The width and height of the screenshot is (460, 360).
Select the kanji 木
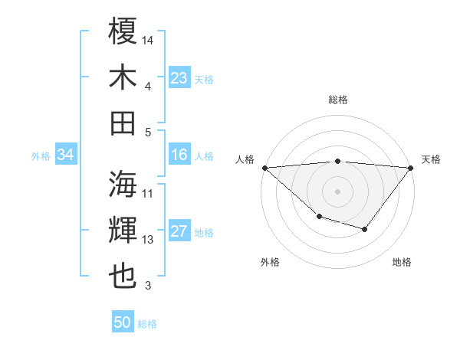123,77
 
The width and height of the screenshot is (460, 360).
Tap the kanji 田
123,123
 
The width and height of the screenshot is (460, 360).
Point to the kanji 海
123,184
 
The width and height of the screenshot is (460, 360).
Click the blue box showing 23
179,77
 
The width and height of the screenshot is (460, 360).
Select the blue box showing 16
179,155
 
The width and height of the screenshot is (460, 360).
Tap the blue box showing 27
179,232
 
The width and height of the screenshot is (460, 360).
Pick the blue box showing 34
65,155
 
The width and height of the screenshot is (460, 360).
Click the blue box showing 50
123,322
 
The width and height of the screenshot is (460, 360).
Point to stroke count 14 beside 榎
148,40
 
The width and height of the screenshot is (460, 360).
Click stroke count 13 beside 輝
148,240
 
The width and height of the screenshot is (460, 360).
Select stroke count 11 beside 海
148,193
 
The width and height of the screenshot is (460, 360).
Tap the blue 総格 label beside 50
147,324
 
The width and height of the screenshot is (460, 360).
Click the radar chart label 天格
431,159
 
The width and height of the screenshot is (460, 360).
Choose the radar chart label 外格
270,262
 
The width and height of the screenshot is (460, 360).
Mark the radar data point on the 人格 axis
264,168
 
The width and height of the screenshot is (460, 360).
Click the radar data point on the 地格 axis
365,229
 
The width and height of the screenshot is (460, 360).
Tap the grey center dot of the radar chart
337,191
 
